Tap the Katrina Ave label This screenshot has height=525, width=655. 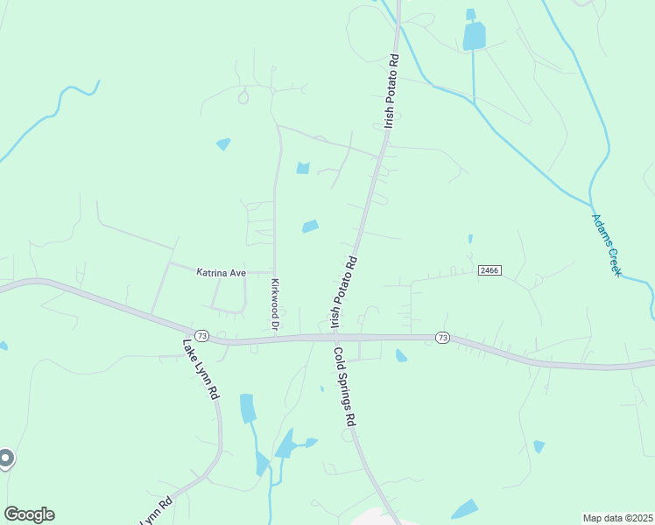click(221, 273)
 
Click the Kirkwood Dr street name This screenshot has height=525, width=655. click(274, 304)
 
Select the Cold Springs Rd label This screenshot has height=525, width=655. click(344, 386)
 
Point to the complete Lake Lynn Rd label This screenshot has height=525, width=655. click(201, 369)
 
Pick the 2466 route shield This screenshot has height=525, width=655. click(489, 271)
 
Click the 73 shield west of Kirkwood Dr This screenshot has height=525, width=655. click(202, 336)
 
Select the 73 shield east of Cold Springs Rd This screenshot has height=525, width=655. click(441, 337)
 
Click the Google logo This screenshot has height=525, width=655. click(29, 514)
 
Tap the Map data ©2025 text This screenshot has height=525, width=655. click(616, 518)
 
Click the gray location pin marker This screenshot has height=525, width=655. click(5, 458)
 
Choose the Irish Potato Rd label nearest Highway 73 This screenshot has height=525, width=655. click(345, 292)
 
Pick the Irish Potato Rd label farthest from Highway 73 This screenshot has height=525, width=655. click(390, 92)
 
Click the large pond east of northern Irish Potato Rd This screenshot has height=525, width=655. click(474, 36)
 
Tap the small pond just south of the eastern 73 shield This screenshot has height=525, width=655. click(401, 355)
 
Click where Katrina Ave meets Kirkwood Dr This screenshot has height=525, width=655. click(275, 272)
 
